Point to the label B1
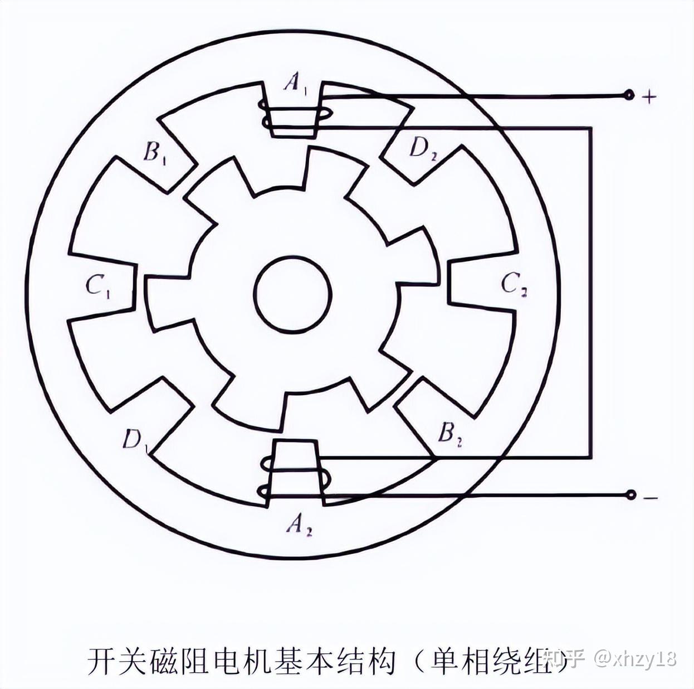154,152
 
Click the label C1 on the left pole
98,285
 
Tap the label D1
135,440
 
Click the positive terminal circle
629,95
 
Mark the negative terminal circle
631,494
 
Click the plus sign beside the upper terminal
649,97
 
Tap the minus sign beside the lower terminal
650,497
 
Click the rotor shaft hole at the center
293,294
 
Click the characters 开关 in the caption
117,661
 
